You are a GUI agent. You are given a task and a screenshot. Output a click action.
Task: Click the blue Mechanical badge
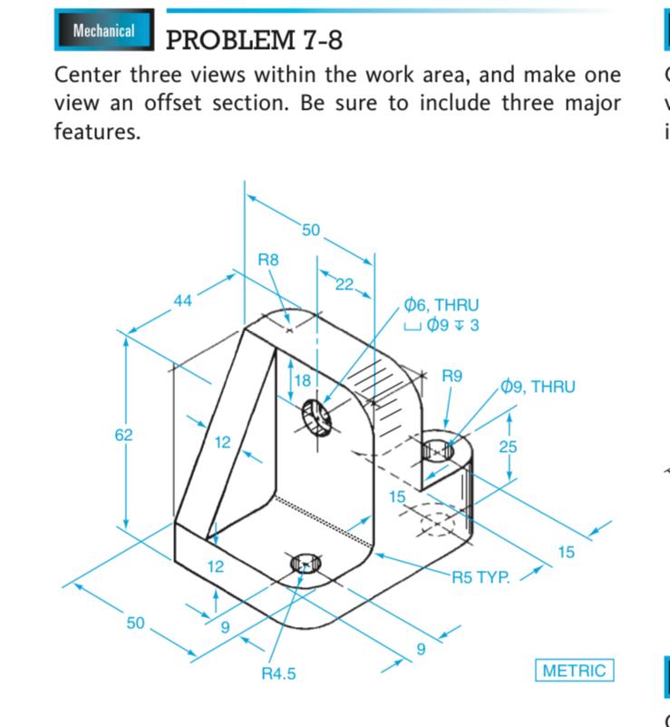103,30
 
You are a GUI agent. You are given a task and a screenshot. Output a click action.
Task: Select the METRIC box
575,671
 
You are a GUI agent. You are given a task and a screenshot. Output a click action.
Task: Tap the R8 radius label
268,260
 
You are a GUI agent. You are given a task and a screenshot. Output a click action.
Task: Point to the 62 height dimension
124,435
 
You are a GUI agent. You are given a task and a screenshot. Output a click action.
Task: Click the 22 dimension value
343,282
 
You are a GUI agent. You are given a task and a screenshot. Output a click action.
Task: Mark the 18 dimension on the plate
299,379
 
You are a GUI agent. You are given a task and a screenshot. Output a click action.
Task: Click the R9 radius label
452,375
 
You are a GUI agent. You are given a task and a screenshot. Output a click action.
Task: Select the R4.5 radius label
277,673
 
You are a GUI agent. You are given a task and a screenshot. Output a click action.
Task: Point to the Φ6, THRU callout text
442,306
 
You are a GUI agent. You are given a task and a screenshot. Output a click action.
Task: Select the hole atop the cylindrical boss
438,449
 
